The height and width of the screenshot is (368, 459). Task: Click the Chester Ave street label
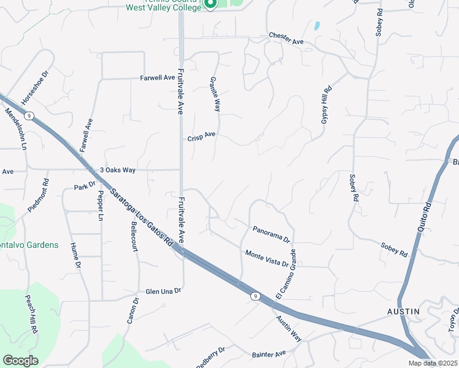(x=287, y=36)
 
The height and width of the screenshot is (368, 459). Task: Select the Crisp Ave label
(x=202, y=136)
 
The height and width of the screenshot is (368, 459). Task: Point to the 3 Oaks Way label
(x=118, y=170)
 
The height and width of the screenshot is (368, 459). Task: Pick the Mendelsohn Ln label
(x=17, y=129)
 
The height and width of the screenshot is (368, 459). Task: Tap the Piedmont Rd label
(x=38, y=196)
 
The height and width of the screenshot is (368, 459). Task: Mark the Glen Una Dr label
(x=163, y=291)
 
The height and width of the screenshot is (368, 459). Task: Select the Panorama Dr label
(x=271, y=234)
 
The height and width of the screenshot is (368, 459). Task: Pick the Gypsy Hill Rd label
(x=325, y=105)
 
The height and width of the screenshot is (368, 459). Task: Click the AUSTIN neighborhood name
(x=404, y=312)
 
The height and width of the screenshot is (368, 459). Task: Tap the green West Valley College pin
(x=210, y=5)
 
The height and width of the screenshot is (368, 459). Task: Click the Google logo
(x=20, y=361)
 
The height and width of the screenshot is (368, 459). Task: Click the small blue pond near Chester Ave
(x=317, y=26)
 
